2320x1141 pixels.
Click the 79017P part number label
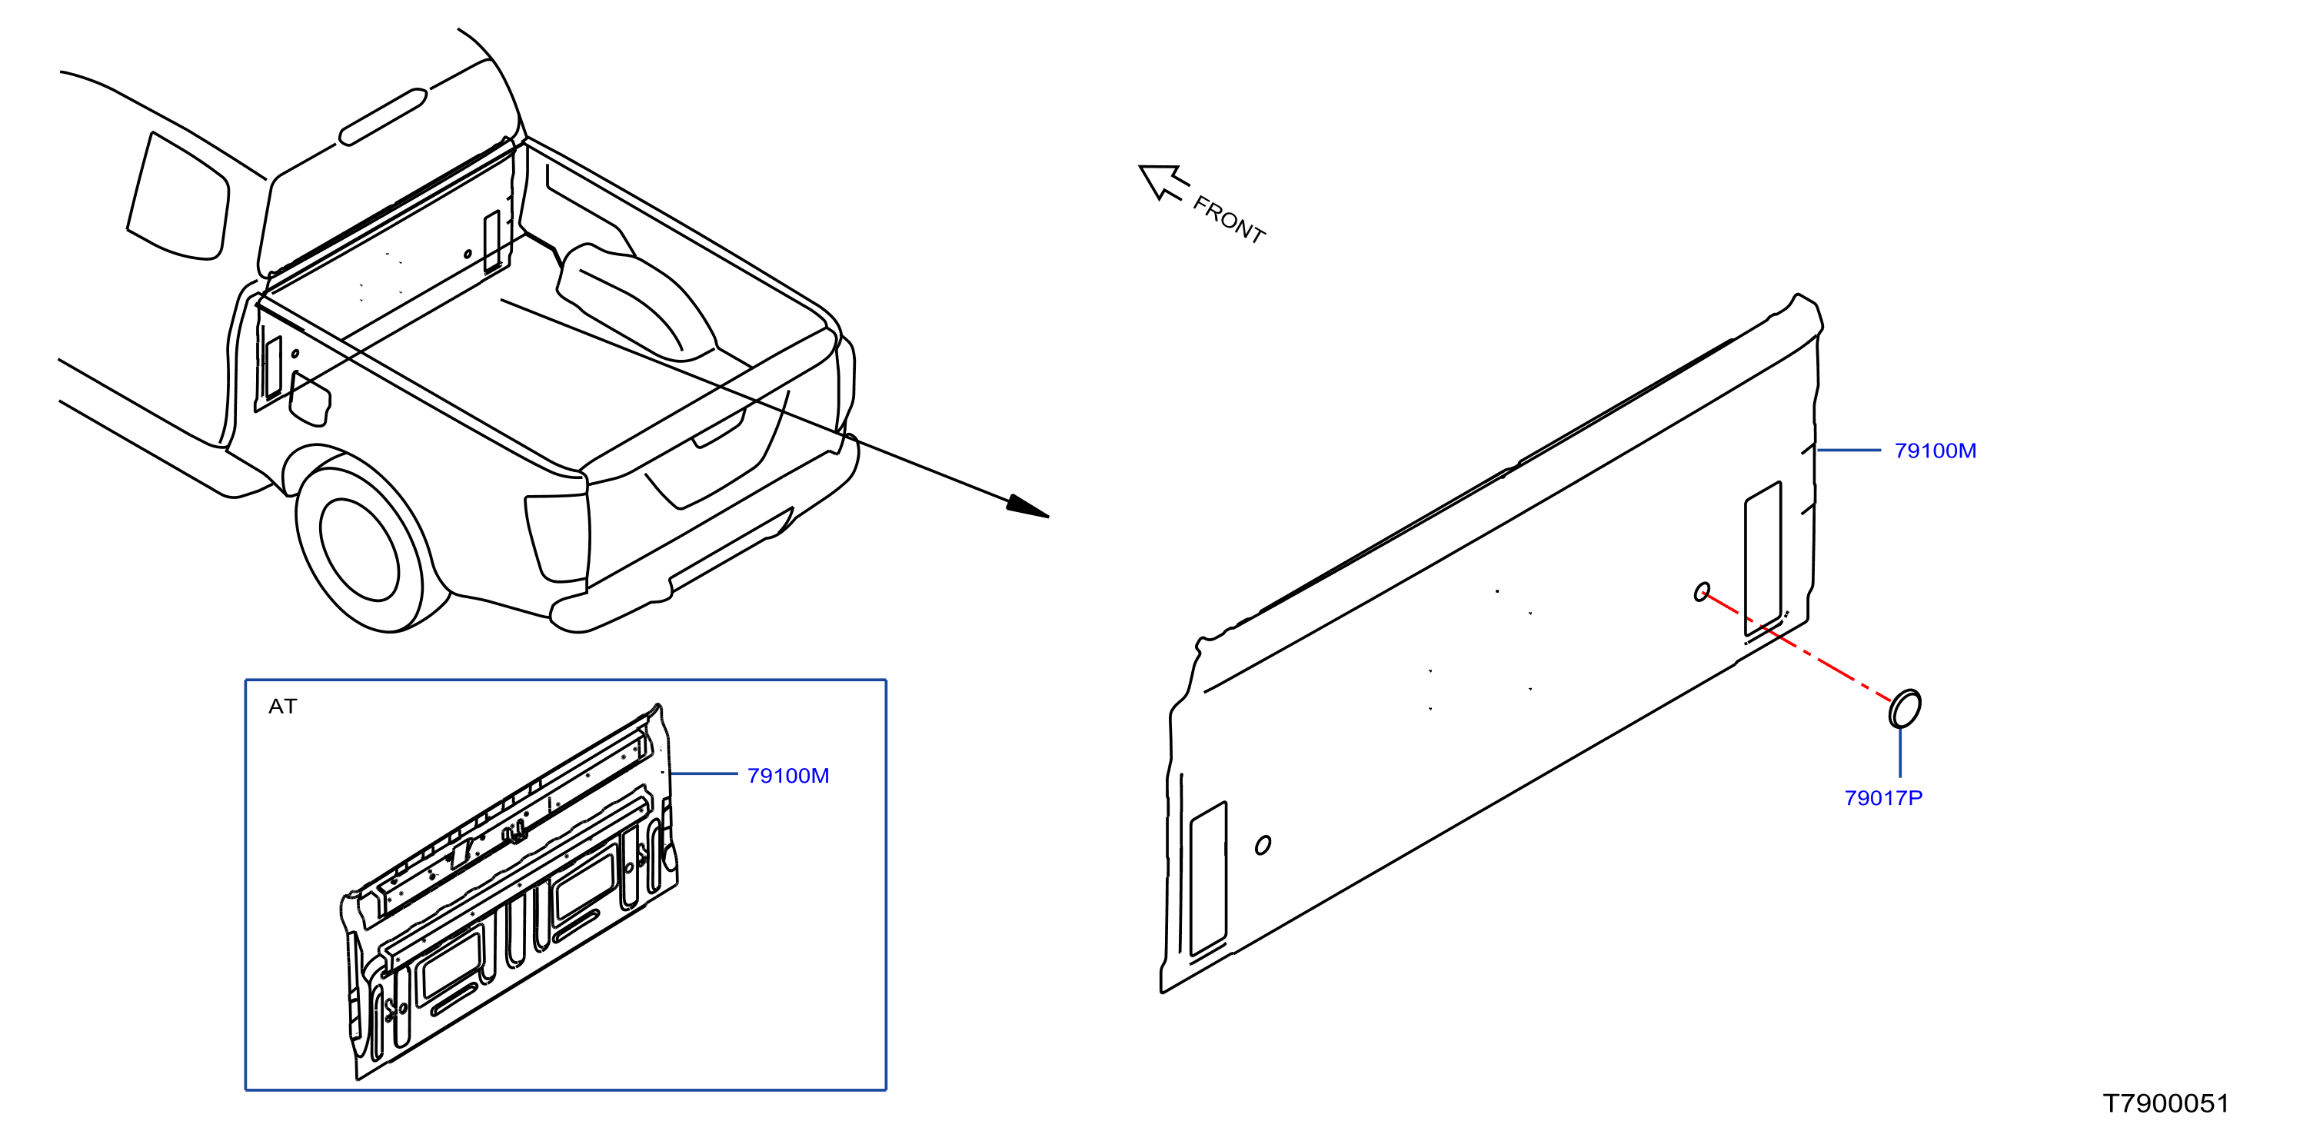(1882, 798)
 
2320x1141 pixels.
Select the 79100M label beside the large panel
(1935, 451)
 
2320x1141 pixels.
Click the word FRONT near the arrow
(1229, 219)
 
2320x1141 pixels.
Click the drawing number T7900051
(2165, 1103)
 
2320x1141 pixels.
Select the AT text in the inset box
(282, 706)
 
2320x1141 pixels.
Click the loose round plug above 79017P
(1904, 709)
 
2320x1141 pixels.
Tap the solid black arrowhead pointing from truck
(1027, 506)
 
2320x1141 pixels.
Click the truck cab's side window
(178, 196)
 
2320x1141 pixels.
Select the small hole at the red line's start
(1701, 592)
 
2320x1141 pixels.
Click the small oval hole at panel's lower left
(1263, 845)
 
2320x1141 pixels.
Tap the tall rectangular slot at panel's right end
(1762, 559)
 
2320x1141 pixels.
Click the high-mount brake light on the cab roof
(383, 117)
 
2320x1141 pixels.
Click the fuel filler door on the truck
(310, 399)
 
